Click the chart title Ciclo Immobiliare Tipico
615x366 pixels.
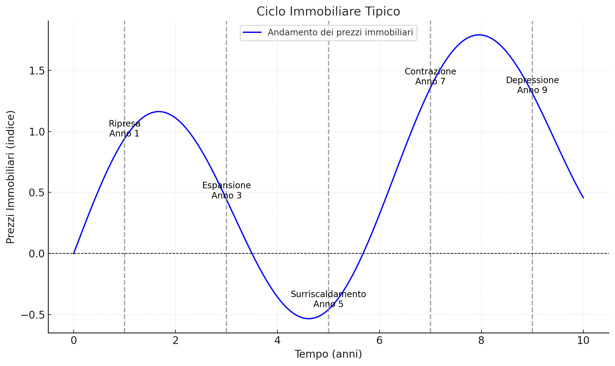pyautogui.click(x=328, y=12)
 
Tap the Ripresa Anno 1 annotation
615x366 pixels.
pyautogui.click(x=124, y=128)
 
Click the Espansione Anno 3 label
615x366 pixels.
pyautogui.click(x=226, y=190)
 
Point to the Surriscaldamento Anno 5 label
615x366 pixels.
pyautogui.click(x=328, y=299)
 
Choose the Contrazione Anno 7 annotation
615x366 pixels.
pyautogui.click(x=430, y=76)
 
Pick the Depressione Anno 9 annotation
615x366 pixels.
pyautogui.click(x=532, y=85)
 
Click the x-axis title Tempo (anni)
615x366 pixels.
pyautogui.click(x=328, y=354)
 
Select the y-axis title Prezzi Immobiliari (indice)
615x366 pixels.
pyautogui.click(x=11, y=177)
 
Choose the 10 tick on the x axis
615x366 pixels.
pyautogui.click(x=583, y=341)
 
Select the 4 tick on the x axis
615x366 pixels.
pyautogui.click(x=277, y=341)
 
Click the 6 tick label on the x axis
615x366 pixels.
pyautogui.click(x=379, y=341)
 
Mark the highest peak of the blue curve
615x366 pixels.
pyautogui.click(x=479, y=35)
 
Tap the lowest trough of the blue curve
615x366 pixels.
pyautogui.click(x=309, y=319)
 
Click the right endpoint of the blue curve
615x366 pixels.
pyautogui.click(x=583, y=198)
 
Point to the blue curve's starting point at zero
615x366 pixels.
pyautogui.click(x=74, y=253)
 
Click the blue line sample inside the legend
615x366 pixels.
pyautogui.click(x=252, y=33)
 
